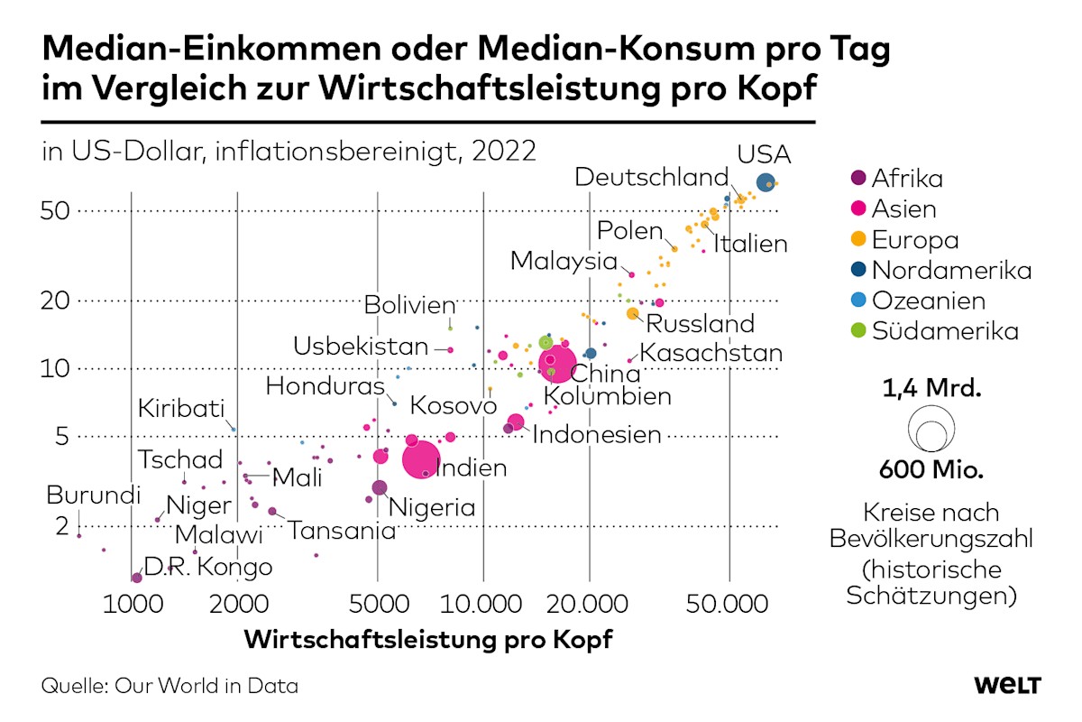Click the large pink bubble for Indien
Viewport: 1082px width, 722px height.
pos(421,458)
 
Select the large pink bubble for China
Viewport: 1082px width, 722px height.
pos(557,365)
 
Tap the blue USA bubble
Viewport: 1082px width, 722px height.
pos(766,183)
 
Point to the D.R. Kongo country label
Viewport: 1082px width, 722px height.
pos(207,567)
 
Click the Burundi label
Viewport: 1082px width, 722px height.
pos(94,495)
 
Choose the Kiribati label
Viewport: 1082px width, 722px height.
pos(180,409)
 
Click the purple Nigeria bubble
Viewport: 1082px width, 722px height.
pos(380,487)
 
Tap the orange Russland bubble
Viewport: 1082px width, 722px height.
pos(633,313)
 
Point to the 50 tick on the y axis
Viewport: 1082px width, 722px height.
pos(57,211)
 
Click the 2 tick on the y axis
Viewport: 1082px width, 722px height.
pos(62,525)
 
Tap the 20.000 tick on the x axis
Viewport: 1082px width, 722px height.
pos(589,604)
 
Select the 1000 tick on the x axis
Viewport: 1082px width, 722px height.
pos(132,604)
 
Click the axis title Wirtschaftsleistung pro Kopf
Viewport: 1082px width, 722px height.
pos(428,641)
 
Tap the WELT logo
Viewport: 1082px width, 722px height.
pos(1007,685)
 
